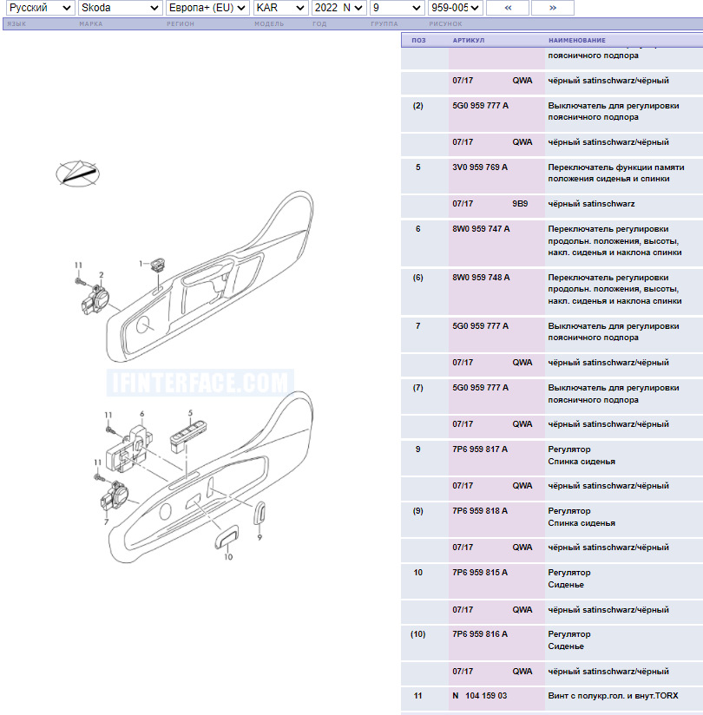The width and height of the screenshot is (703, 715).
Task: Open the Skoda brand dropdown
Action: point(121,8)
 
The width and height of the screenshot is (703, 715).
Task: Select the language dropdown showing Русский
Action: point(41,8)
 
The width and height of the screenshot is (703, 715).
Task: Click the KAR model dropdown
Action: point(280,8)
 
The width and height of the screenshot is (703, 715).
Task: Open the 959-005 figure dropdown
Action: point(456,8)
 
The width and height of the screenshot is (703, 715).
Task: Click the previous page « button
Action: point(508,8)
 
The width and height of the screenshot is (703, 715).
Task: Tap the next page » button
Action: point(553,8)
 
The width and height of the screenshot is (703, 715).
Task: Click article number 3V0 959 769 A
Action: point(480,167)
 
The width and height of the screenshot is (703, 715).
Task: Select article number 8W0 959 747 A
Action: point(481,229)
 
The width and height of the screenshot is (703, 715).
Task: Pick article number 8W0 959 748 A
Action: point(481,278)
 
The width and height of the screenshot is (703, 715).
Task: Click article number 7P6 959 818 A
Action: point(480,511)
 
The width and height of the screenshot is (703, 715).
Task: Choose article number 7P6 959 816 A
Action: point(480,633)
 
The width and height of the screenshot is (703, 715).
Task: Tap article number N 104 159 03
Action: point(479,695)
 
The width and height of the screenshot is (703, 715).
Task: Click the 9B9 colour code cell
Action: point(520,204)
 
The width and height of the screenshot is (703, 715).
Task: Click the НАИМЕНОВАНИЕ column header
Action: point(577,40)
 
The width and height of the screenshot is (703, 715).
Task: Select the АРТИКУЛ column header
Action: point(469,40)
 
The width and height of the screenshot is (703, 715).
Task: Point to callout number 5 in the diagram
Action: point(190,413)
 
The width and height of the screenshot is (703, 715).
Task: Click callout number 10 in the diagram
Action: point(228,557)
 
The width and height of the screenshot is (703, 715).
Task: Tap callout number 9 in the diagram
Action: point(260,537)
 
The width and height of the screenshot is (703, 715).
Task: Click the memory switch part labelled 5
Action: point(187,435)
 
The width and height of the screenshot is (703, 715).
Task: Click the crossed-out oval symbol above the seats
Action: point(77,174)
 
